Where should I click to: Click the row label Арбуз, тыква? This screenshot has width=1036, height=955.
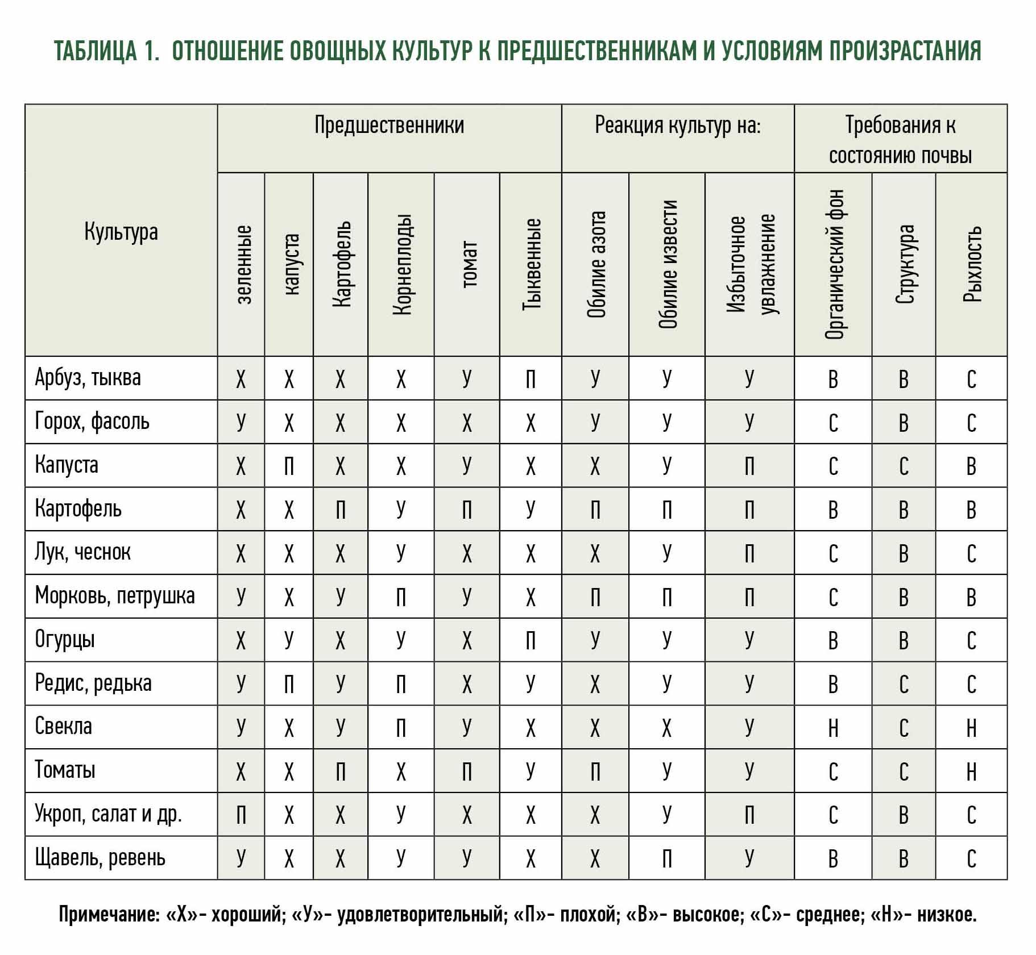coord(88,378)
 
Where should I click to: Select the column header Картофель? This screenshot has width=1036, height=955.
coord(341,264)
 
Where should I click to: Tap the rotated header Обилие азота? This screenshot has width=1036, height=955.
coord(596,264)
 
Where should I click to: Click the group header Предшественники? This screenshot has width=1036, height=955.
coord(389,125)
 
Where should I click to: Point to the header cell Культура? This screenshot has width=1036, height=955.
coord(121,232)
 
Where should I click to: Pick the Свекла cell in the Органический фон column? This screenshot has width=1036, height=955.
coord(833,728)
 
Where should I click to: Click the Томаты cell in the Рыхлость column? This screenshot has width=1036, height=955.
coord(971,771)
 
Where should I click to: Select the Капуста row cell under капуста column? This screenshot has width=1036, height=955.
coord(289,466)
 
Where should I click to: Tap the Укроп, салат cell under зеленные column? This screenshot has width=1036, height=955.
coord(241,815)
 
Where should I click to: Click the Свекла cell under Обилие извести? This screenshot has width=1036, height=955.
coord(667,728)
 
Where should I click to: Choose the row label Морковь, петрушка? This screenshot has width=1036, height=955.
coord(115,596)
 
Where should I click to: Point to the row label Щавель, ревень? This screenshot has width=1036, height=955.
coord(100,858)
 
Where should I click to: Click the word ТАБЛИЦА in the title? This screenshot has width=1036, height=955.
coord(96,51)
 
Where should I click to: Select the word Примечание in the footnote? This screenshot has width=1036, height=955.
coord(109,915)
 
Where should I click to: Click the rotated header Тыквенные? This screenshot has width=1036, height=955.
coord(531,264)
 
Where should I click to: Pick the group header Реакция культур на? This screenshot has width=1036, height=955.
coord(678,125)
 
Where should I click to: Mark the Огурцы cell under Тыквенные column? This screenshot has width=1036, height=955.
coord(531,641)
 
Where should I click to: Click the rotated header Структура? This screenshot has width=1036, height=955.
coord(904,264)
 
